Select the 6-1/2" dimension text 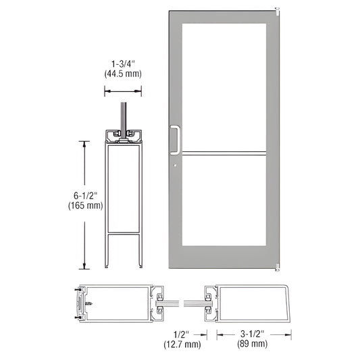coord(85,196)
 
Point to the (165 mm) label coord(85,205)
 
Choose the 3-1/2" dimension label coord(253,334)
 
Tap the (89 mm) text coord(253,343)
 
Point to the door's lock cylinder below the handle coord(174,165)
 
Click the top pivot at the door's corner coord(277,9)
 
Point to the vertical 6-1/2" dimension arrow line coord(84,203)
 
